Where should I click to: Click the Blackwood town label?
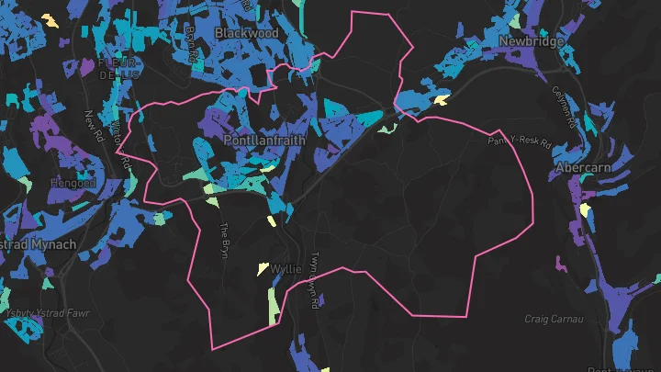[x=246, y=33]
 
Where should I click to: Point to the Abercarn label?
[x=584, y=169]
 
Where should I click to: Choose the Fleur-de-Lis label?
[x=118, y=68]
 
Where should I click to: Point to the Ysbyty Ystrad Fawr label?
[x=48, y=313]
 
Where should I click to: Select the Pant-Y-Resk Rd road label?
[x=519, y=143]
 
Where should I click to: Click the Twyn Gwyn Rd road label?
[x=315, y=272]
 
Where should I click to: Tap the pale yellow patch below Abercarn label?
[x=585, y=209]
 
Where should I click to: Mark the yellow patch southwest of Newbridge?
[x=442, y=99]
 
